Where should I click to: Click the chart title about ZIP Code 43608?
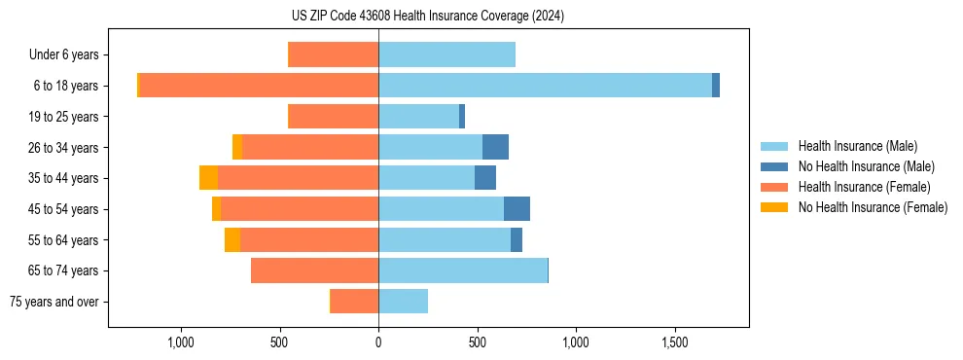tap(427, 17)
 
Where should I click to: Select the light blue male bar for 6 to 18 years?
tap(545, 86)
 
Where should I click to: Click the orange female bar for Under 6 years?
tap(334, 54)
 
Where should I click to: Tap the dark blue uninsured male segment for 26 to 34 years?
tap(495, 147)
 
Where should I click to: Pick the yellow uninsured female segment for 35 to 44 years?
tap(208, 178)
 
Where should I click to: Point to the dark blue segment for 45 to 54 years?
tap(517, 209)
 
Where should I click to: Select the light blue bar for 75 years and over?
tap(403, 302)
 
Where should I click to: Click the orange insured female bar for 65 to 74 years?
tap(314, 270)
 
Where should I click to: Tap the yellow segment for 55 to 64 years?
tap(232, 240)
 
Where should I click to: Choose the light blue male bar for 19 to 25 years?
tap(418, 117)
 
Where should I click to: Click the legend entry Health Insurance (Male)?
tap(856, 146)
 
